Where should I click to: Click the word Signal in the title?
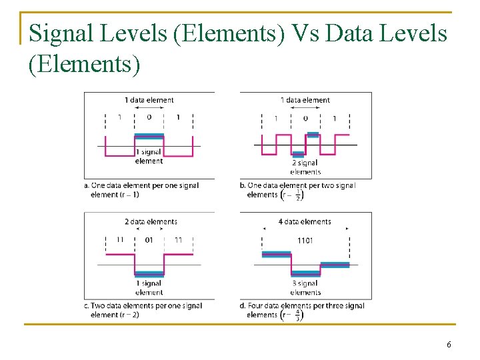pyautogui.click(x=63, y=33)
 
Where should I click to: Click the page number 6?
pyautogui.click(x=449, y=344)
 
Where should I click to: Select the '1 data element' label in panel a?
pyautogui.click(x=149, y=100)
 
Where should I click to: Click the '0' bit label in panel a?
pyautogui.click(x=149, y=117)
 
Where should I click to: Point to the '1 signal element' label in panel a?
pyautogui.click(x=149, y=157)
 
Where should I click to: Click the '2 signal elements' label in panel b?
pyautogui.click(x=305, y=167)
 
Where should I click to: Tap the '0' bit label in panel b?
pyautogui.click(x=305, y=118)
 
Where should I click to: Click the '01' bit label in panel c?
pyautogui.click(x=149, y=239)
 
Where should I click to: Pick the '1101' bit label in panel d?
pyautogui.click(x=305, y=240)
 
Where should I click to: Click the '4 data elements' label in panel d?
pyautogui.click(x=305, y=221)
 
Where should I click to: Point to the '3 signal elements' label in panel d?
pyautogui.click(x=305, y=288)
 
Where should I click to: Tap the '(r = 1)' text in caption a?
pyautogui.click(x=126, y=195)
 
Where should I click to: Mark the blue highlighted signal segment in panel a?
pyautogui.click(x=149, y=136)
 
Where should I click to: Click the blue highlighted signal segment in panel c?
pyautogui.click(x=149, y=273)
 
